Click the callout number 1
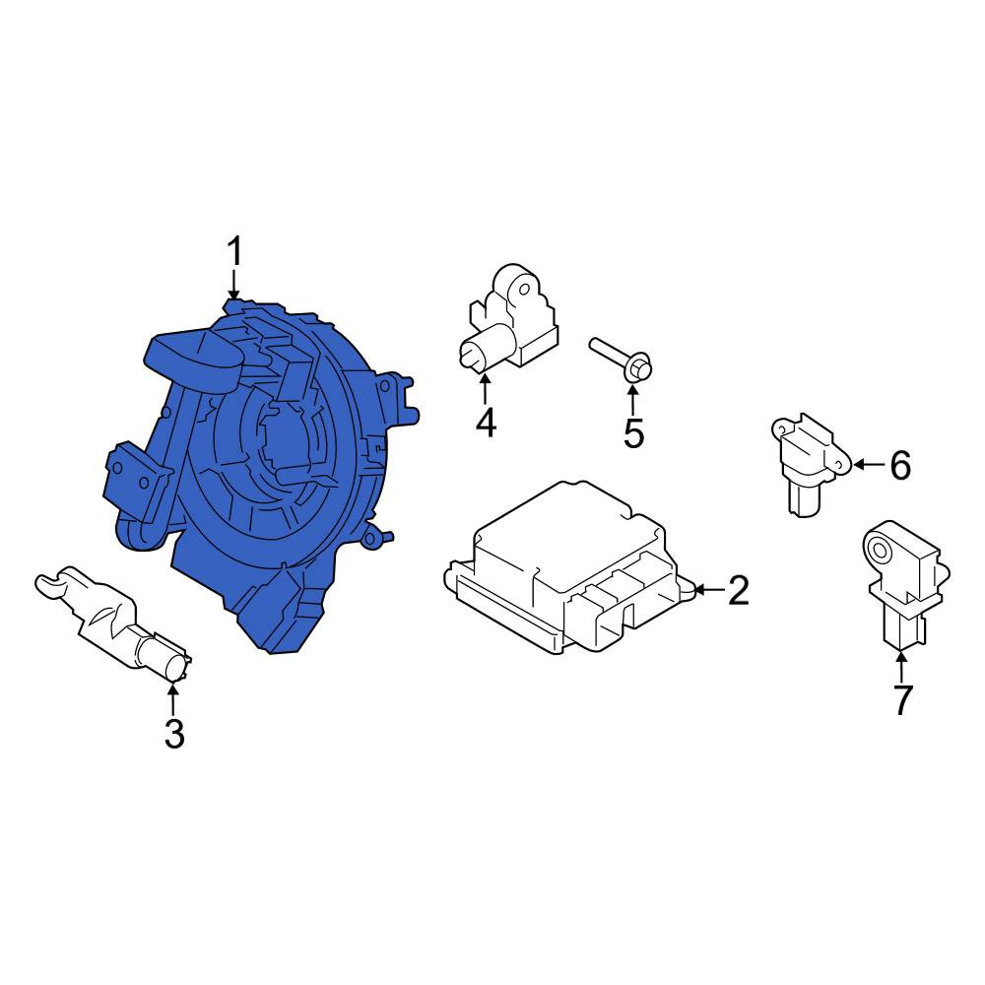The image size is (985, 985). (233, 252)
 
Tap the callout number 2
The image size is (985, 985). (738, 590)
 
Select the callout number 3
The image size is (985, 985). (174, 734)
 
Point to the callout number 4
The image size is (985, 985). (486, 423)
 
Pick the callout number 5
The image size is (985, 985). (633, 432)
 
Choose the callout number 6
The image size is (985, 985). (900, 466)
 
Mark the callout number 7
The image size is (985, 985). (902, 701)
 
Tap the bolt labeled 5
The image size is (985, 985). (622, 359)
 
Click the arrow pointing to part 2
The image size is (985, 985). (709, 590)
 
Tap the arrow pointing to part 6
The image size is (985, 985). (868, 465)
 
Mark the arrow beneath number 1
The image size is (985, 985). (233, 285)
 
